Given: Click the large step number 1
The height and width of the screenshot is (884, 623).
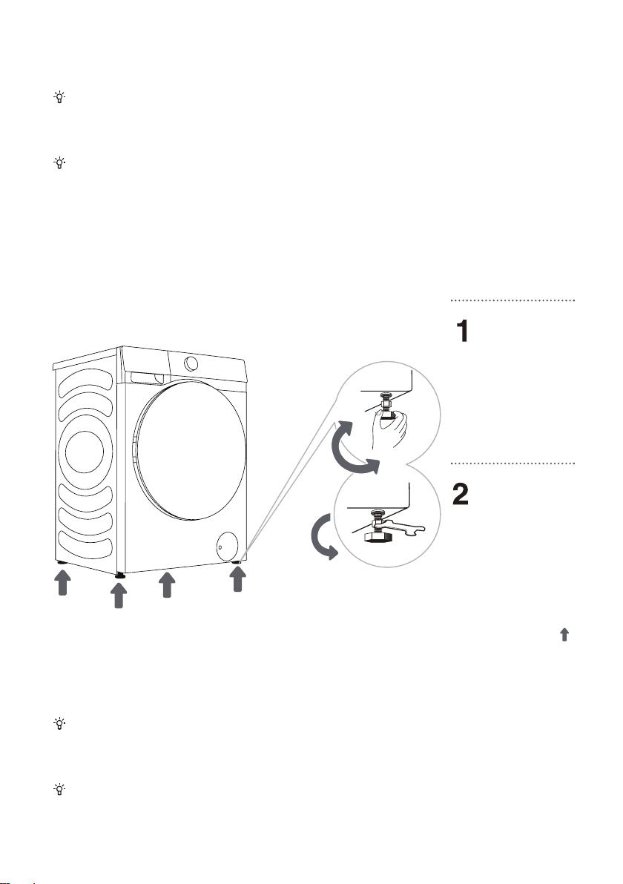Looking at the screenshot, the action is [x=462, y=331].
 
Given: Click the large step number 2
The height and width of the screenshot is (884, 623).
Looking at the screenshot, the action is [x=461, y=495].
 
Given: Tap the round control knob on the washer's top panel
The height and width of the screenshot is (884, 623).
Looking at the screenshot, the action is [x=191, y=363].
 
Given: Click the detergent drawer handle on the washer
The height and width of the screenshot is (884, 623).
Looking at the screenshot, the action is [x=144, y=377].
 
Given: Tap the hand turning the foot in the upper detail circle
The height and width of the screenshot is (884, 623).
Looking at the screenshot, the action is [x=391, y=426].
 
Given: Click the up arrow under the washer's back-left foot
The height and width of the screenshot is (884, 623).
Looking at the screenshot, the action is [x=62, y=582].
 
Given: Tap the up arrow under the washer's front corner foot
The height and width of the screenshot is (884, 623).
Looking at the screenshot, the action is [x=119, y=596].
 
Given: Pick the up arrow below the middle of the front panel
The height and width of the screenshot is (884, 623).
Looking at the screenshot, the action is [x=167, y=584].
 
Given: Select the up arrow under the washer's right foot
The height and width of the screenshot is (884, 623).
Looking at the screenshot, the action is [x=237, y=579].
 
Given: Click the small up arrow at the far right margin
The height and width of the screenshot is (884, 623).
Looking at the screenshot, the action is [x=564, y=635].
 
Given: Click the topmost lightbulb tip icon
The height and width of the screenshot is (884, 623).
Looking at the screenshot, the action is [x=59, y=98].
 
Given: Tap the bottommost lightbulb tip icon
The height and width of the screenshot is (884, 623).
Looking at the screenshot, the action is [x=59, y=789].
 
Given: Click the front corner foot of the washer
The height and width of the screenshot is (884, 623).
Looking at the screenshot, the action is [x=119, y=575].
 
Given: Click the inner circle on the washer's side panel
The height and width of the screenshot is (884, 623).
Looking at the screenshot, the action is [x=85, y=452].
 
